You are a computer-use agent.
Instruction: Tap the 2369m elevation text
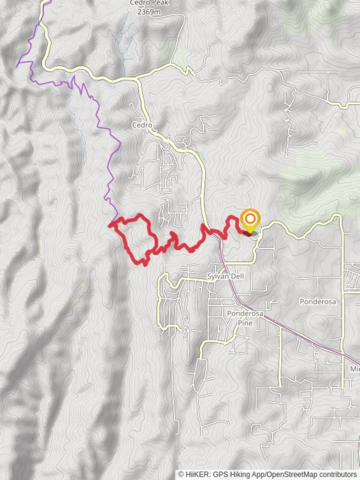click(x=148, y=12)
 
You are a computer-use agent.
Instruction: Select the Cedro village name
click(x=142, y=125)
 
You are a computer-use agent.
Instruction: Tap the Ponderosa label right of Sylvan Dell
click(x=317, y=301)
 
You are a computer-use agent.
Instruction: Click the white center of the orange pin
click(x=250, y=218)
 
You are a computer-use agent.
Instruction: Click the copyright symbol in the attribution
click(x=181, y=475)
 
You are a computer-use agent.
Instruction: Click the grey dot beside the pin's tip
click(x=255, y=234)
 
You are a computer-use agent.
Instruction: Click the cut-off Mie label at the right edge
click(x=355, y=369)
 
